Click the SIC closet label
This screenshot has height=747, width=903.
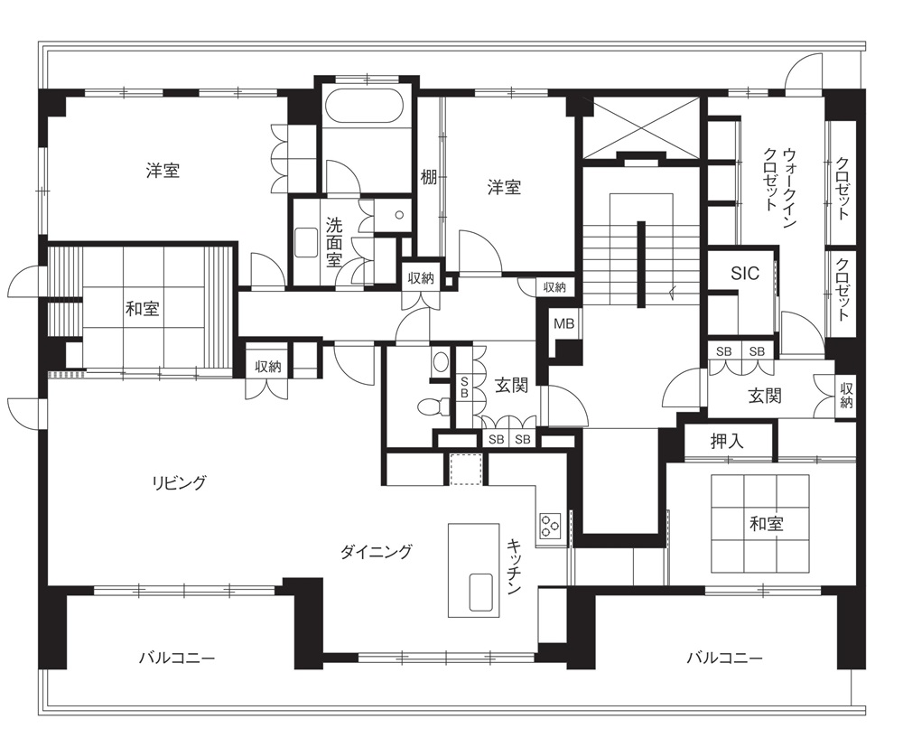click(x=745, y=273)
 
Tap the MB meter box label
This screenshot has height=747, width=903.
click(x=563, y=323)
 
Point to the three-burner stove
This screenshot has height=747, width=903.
click(x=549, y=525)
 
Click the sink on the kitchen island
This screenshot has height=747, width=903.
click(x=480, y=592)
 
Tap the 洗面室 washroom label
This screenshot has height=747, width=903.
click(x=334, y=242)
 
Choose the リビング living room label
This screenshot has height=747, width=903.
click(x=179, y=482)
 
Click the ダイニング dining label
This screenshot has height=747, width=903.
click(x=376, y=552)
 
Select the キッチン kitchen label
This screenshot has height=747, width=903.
click(x=515, y=566)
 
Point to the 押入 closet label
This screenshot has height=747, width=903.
click(x=727, y=441)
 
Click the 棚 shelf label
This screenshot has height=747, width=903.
click(x=428, y=177)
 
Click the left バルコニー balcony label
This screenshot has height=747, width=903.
click(x=177, y=658)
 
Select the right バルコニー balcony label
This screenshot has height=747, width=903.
click(x=724, y=658)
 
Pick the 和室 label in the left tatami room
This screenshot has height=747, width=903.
click(x=143, y=309)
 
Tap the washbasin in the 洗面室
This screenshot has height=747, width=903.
click(x=306, y=242)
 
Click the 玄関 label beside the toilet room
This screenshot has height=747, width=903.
click(x=511, y=385)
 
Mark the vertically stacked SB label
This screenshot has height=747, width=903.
click(x=464, y=387)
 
